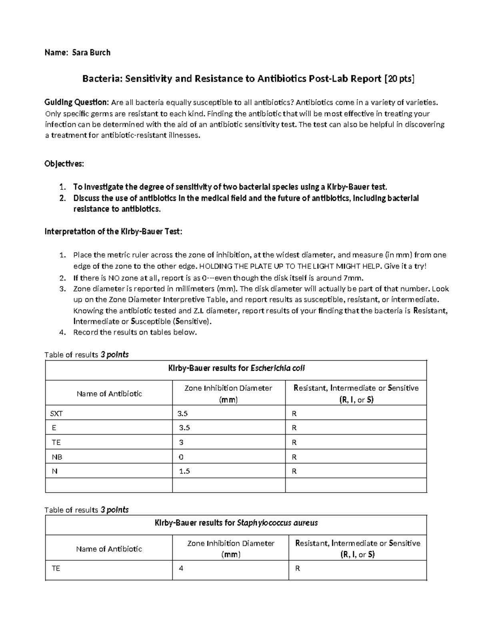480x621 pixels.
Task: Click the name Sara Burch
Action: click(x=91, y=52)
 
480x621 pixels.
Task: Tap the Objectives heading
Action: click(x=64, y=164)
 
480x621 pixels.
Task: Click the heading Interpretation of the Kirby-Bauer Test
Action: click(x=113, y=232)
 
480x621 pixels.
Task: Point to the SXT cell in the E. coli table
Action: click(x=56, y=413)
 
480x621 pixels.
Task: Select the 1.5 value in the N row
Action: click(x=184, y=471)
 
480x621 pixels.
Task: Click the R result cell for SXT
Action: click(x=294, y=413)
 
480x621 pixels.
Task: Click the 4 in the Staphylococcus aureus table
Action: click(x=181, y=568)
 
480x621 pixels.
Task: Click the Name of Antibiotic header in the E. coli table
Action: click(x=109, y=393)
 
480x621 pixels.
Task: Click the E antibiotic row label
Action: click(x=54, y=428)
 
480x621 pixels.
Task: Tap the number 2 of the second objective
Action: click(x=62, y=198)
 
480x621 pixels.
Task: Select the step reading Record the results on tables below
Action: click(x=135, y=332)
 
